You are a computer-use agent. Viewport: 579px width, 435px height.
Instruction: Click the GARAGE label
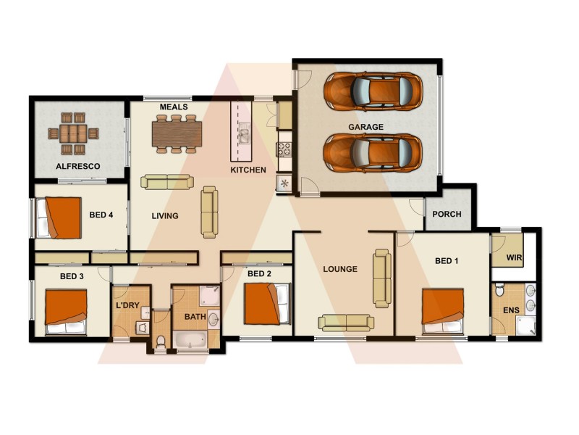tap(365, 127)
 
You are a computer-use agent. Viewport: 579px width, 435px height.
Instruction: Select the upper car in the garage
tap(372, 91)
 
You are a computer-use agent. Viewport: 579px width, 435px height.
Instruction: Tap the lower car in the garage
tap(372, 153)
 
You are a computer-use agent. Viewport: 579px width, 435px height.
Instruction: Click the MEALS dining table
tap(177, 133)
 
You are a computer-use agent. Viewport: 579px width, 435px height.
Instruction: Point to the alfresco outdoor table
tap(72, 133)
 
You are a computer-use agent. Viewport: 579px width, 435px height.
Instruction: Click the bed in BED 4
tap(58, 217)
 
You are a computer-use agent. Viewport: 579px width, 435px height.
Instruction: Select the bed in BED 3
tap(67, 312)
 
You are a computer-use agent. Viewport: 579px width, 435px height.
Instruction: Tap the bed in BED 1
tap(443, 310)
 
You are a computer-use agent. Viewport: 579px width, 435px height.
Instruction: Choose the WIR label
tap(515, 258)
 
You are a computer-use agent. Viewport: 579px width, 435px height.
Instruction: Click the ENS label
tap(510, 312)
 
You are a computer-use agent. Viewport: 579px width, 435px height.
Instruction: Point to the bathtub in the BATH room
tap(190, 340)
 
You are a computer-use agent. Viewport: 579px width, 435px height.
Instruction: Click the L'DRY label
tap(127, 306)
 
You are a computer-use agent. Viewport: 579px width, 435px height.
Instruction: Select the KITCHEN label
tap(248, 170)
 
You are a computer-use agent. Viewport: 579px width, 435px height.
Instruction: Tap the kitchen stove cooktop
tap(284, 149)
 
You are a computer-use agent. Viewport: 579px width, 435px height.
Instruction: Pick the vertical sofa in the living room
tap(208, 212)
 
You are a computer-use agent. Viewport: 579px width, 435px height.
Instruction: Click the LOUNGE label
tap(340, 269)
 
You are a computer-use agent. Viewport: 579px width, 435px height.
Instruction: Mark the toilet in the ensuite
tap(499, 291)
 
